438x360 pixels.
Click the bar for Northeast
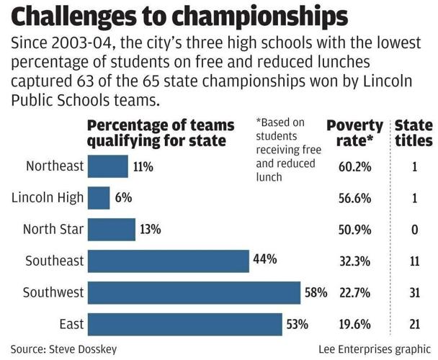coord(107,167)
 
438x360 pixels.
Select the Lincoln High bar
coord(99,198)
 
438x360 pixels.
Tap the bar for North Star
coord(111,230)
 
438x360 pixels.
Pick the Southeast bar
coord(168,261)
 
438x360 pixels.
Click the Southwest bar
coord(194,292)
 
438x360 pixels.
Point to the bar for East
coord(184,323)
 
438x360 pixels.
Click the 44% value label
coord(265,260)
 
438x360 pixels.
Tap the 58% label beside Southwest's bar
coord(316,293)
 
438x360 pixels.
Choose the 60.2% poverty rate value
coord(354,167)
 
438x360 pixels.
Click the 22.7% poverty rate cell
coord(354,292)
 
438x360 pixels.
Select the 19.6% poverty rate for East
coord(354,323)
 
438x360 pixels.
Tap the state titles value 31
coord(414,292)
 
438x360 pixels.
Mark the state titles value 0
coord(414,230)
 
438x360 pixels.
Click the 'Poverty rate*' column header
coord(354,133)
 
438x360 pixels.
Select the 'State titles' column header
coord(414,133)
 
